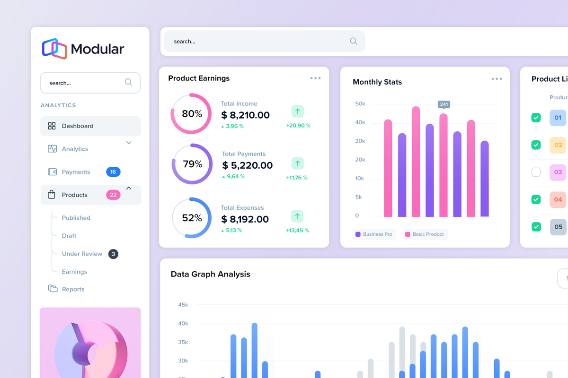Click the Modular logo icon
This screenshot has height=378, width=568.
coord(54,49)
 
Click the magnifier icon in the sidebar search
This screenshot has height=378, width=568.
coord(128,82)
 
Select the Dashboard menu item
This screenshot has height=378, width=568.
coord(78,126)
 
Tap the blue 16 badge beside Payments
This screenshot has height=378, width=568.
coord(113,172)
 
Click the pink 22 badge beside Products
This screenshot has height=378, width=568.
coord(113,195)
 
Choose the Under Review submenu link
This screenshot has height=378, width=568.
coord(82,254)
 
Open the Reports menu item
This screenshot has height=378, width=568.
coord(73,289)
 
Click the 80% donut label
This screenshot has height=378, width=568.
coord(192,114)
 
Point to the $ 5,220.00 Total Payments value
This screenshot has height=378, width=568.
coord(248,165)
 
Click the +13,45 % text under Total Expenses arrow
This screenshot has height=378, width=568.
coord(297,231)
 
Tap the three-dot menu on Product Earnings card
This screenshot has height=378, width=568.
coord(315,78)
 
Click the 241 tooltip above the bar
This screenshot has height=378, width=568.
coord(444,104)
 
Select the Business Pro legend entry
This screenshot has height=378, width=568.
coord(373,234)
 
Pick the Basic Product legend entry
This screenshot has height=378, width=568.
coord(425,234)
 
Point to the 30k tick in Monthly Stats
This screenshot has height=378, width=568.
coord(360,141)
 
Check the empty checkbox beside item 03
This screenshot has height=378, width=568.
coord(536,172)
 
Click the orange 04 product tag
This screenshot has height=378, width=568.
coord(558,199)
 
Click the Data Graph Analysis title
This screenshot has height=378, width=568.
coord(210,274)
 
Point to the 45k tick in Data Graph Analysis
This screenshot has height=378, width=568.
coord(183,305)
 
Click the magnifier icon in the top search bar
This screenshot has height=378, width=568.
coord(354,41)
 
